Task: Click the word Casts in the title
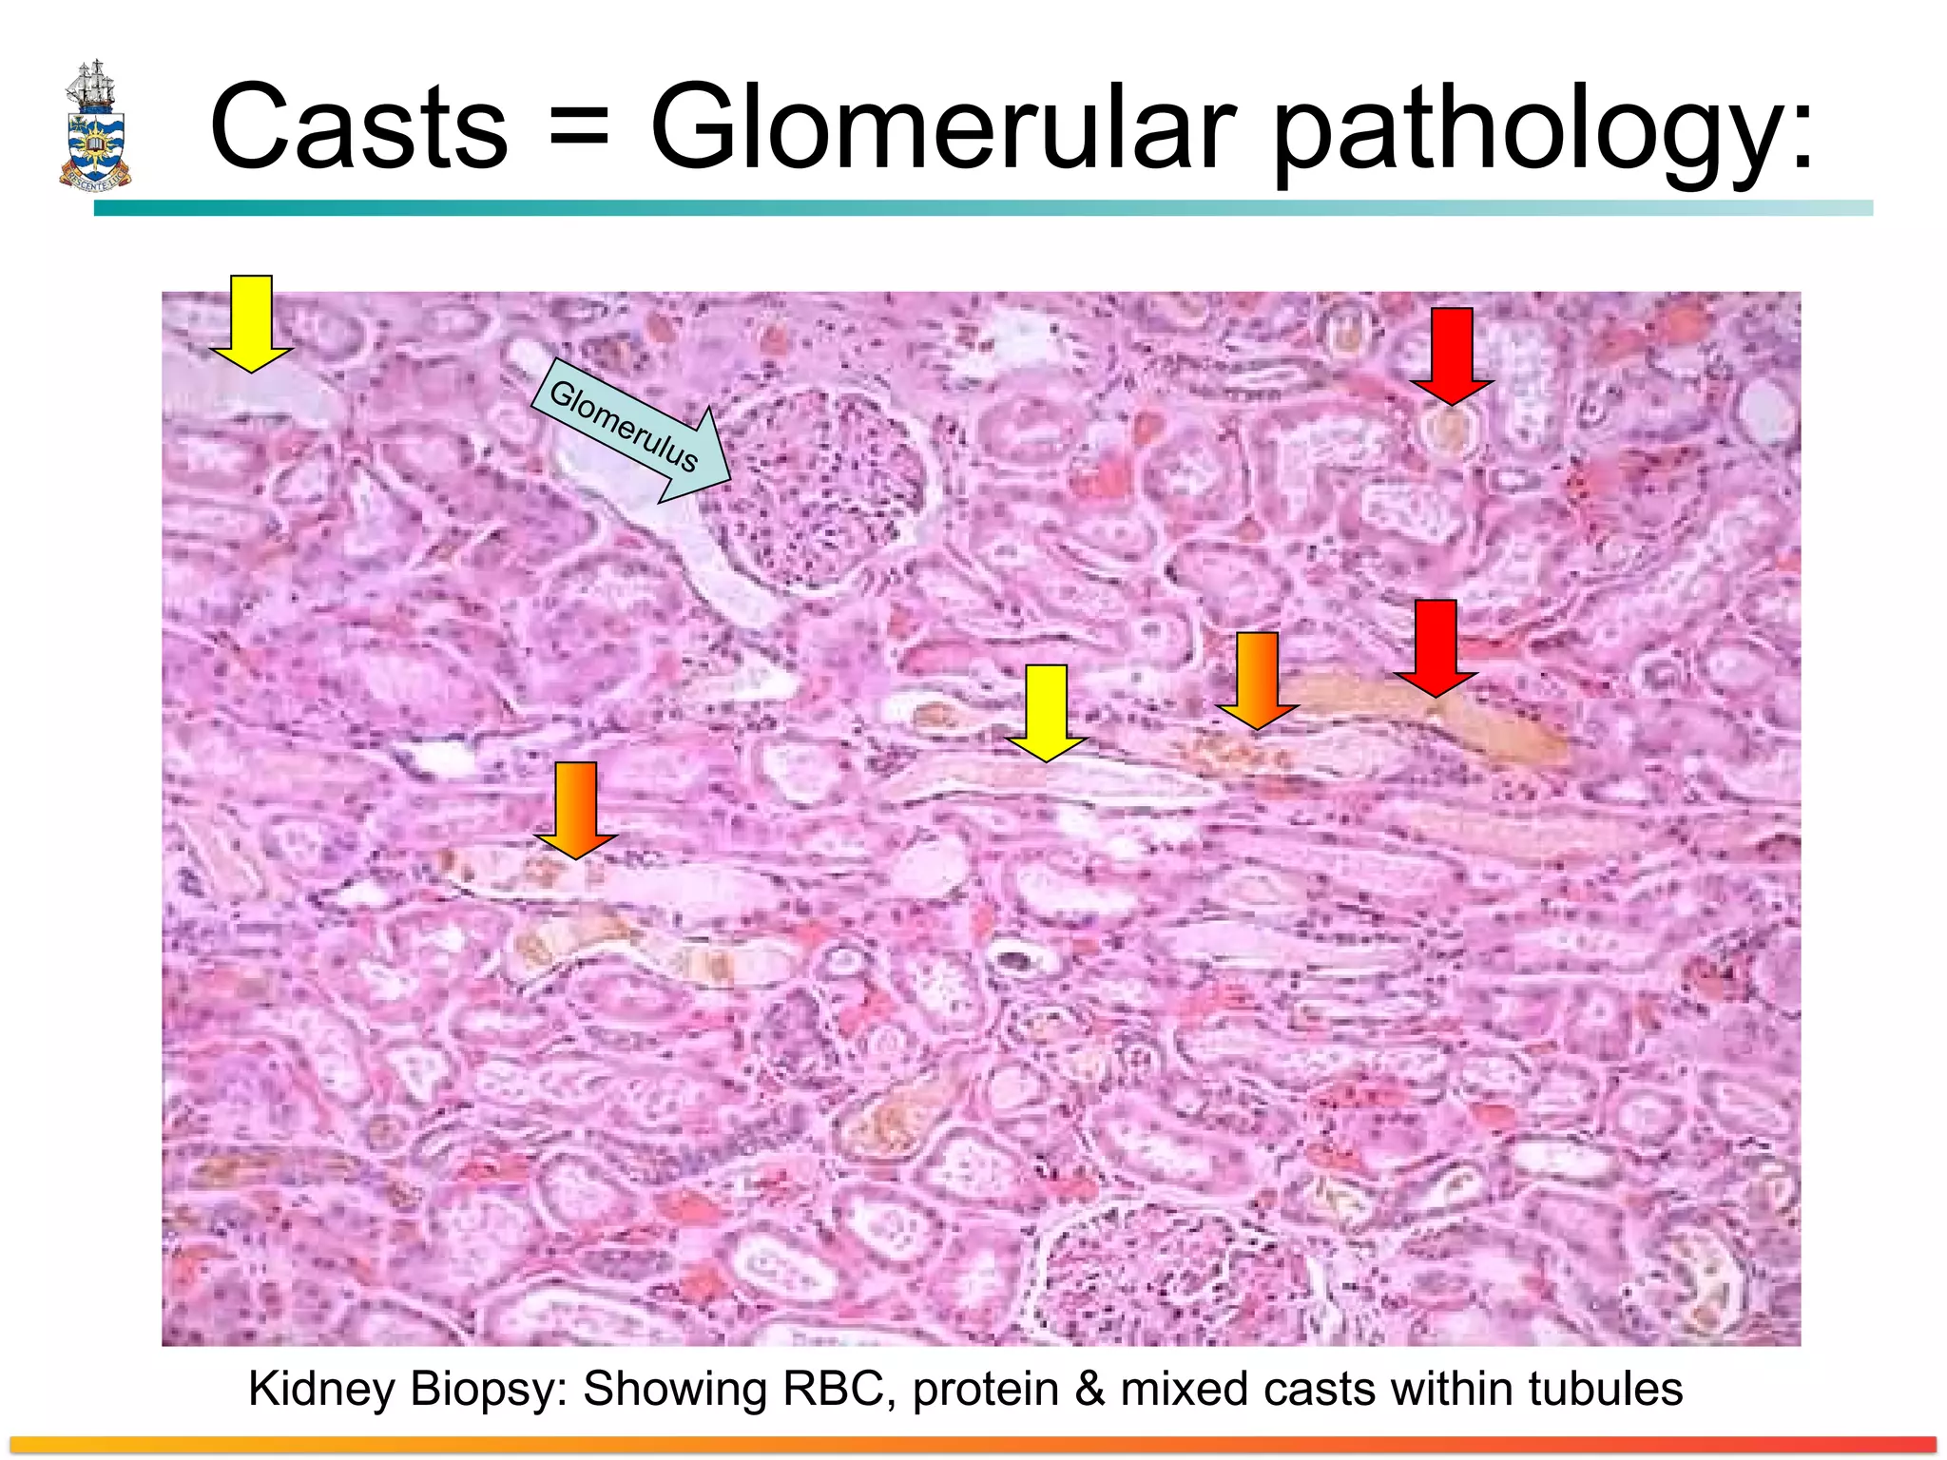coord(358,128)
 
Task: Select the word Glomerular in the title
coord(942,128)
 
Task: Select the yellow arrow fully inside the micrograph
coord(1046,712)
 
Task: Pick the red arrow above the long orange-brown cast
coord(1436,647)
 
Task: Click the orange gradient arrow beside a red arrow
coord(1257,680)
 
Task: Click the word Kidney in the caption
coord(320,1389)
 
